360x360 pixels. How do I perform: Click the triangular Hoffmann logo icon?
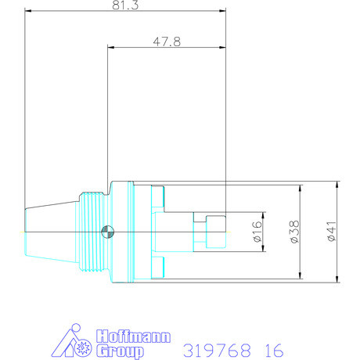pos(76,343)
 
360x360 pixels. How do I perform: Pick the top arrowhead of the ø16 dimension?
pos(265,215)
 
